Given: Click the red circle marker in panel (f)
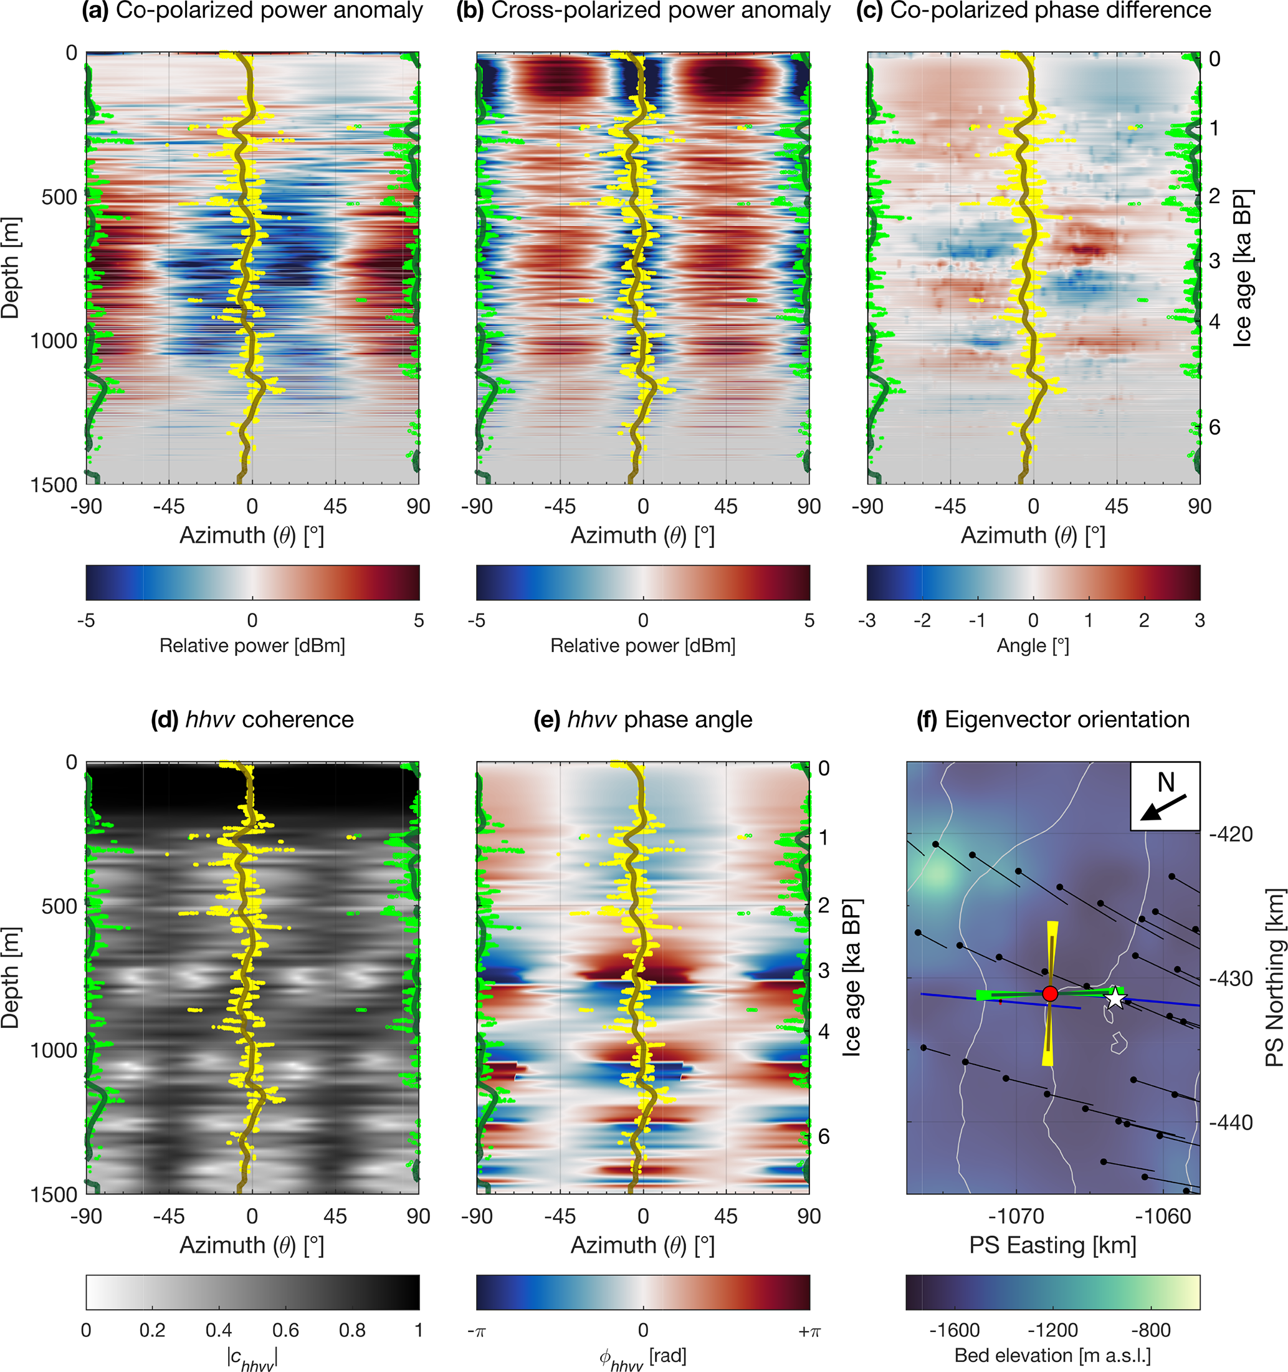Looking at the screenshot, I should [x=1049, y=993].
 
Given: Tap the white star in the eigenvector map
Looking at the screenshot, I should [x=1115, y=998].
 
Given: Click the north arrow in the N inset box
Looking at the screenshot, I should [x=1163, y=807].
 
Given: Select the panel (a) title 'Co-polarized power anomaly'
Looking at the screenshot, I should [x=252, y=11].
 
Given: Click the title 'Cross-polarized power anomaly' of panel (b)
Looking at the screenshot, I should [x=644, y=11].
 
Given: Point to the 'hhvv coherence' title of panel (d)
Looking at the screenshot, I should [x=252, y=719].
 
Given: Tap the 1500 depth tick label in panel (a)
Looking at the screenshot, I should [x=54, y=485].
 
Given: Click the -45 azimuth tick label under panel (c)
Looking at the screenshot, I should [x=950, y=507].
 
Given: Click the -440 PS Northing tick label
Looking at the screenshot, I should [x=1231, y=1123].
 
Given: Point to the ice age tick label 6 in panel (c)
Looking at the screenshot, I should [x=1215, y=427].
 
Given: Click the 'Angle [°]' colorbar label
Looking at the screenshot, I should [x=1033, y=646].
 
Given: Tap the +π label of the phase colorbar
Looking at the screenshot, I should [x=809, y=1331].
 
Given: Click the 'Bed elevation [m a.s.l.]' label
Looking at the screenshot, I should [x=1052, y=1355].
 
